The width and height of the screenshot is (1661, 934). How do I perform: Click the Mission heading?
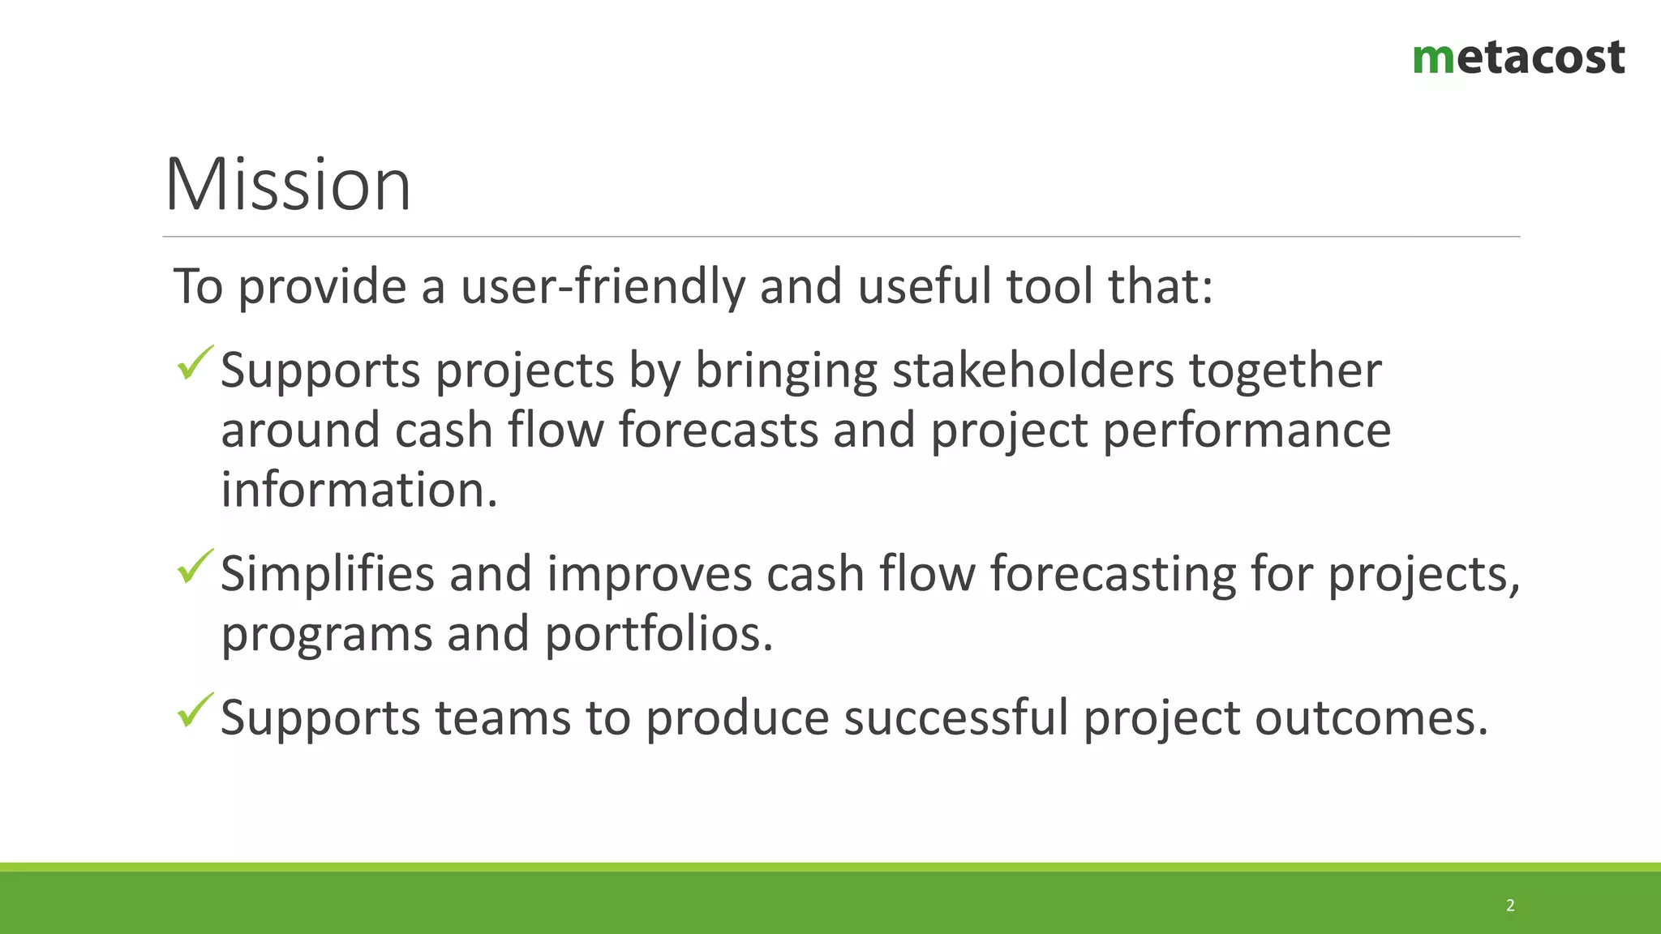click(288, 185)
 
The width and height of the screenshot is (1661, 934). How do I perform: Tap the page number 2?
click(1510, 905)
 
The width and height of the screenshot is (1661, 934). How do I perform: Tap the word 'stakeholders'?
click(1033, 371)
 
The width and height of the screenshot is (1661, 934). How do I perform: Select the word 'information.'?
click(358, 490)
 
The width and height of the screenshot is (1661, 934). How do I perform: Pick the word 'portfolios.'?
click(659, 633)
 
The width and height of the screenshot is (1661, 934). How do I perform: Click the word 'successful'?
click(955, 718)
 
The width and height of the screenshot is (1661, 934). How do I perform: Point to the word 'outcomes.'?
click(1371, 718)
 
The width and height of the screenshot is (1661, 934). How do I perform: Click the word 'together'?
click(1285, 371)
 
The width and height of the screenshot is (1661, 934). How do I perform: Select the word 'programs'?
click(327, 635)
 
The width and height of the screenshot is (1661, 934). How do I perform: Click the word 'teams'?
click(503, 718)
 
